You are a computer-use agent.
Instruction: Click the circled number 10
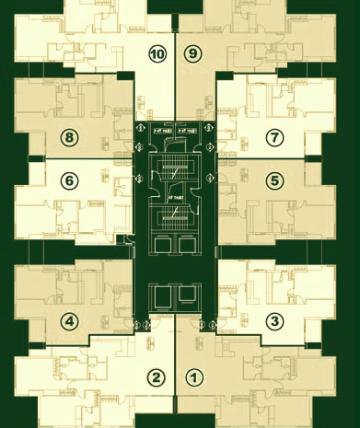pyautogui.click(x=157, y=54)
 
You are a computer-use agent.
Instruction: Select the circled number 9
pyautogui.click(x=192, y=54)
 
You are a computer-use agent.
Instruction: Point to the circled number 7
pyautogui.click(x=273, y=137)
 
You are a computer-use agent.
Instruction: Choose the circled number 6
pyautogui.click(x=68, y=181)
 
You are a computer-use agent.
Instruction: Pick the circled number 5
pyautogui.click(x=273, y=181)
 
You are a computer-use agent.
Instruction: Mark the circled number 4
pyautogui.click(x=68, y=321)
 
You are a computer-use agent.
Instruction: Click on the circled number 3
pyautogui.click(x=273, y=321)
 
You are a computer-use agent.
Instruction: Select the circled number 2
pyautogui.click(x=157, y=377)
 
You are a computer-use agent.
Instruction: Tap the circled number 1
pyautogui.click(x=193, y=377)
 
